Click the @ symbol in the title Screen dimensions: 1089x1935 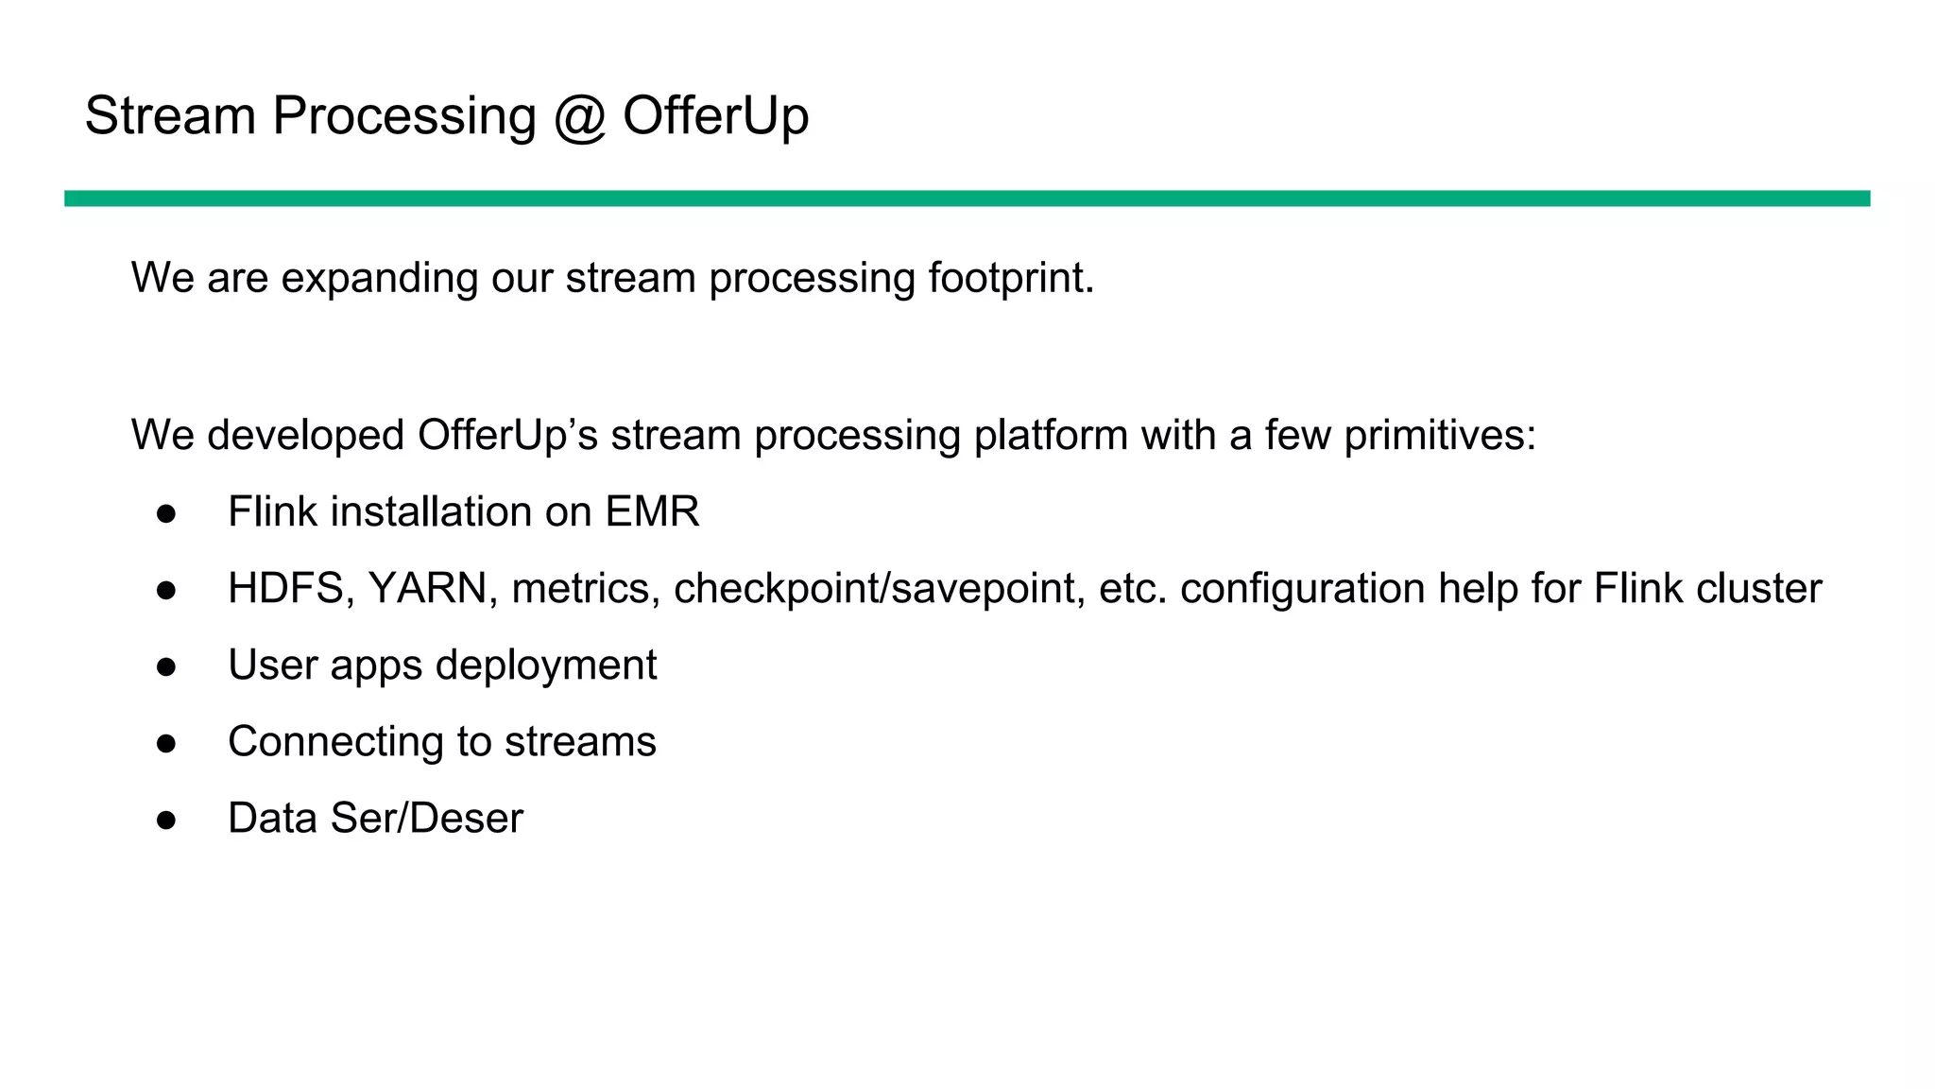(578, 116)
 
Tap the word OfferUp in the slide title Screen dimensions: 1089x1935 (715, 116)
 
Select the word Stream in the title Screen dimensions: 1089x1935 (170, 116)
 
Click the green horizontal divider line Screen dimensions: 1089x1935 (967, 199)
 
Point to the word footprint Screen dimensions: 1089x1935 (1010, 278)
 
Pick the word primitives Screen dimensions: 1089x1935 (1439, 436)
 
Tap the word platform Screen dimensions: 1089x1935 (1051, 436)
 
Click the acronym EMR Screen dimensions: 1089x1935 (652, 512)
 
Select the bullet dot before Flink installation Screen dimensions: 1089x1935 (166, 513)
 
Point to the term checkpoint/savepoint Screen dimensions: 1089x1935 (879, 589)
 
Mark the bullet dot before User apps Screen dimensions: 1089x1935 (166, 666)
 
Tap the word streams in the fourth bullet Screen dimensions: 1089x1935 (580, 742)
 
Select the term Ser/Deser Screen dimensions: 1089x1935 (426, 819)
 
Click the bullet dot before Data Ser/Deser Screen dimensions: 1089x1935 (166, 820)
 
